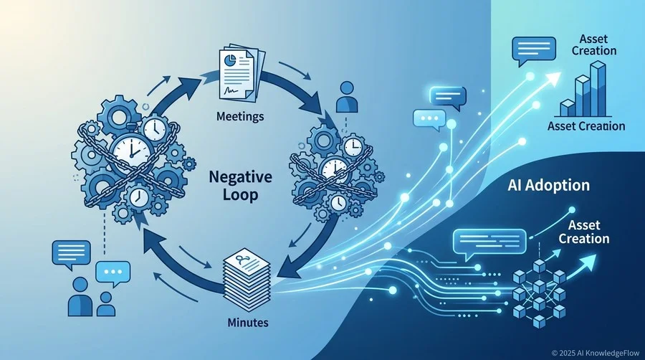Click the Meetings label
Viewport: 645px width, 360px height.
(240, 116)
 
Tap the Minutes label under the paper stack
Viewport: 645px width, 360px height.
(248, 322)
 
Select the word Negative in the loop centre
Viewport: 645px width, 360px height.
(240, 177)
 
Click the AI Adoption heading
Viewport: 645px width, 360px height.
(548, 186)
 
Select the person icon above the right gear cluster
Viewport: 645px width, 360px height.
(347, 97)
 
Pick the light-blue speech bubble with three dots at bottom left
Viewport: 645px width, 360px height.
(113, 274)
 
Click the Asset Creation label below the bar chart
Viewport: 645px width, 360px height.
(586, 126)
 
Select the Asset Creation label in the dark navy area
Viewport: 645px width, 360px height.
(583, 232)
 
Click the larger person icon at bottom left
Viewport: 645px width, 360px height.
(80, 296)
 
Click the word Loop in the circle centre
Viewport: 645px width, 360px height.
(240, 194)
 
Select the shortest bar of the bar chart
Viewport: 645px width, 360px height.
(568, 108)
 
